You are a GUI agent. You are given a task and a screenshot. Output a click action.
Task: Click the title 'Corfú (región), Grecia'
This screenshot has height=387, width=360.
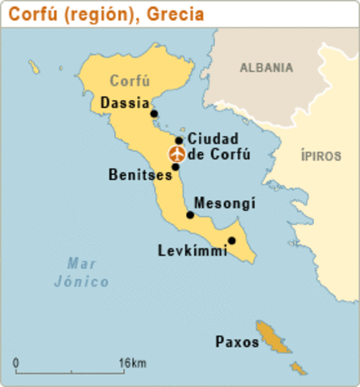click(x=106, y=15)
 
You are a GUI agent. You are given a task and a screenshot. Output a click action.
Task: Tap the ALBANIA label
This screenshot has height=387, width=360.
click(x=266, y=68)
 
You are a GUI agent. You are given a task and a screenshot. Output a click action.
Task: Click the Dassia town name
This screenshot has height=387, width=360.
click(x=125, y=103)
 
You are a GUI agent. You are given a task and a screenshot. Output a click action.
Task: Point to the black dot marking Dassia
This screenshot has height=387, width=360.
click(x=155, y=114)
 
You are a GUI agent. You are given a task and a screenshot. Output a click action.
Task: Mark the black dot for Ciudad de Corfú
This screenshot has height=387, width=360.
click(x=179, y=140)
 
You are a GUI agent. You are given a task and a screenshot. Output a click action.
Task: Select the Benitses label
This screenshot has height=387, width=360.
click(x=138, y=174)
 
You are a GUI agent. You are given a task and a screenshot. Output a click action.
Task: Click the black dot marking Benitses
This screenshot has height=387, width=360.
click(x=176, y=167)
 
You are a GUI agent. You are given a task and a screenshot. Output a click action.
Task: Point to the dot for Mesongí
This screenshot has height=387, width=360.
click(x=190, y=214)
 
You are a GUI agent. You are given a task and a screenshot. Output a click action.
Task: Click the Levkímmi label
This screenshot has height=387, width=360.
click(x=192, y=252)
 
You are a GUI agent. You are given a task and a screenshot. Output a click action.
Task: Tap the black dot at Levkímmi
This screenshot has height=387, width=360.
click(x=231, y=240)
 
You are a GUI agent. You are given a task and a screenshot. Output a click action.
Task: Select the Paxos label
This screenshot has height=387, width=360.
click(x=237, y=342)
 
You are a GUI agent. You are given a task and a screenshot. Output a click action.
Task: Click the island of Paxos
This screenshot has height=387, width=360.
click(x=274, y=337)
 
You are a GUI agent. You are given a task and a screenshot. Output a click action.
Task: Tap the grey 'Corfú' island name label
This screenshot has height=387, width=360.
click(x=130, y=81)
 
